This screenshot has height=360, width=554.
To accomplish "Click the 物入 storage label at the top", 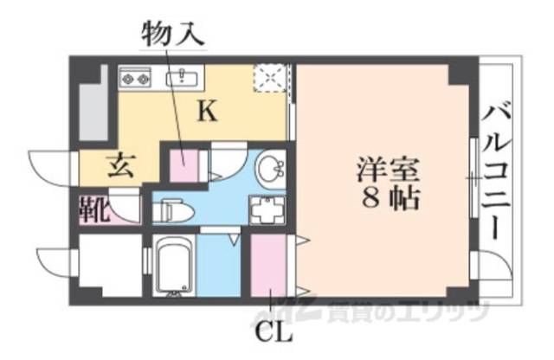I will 172,35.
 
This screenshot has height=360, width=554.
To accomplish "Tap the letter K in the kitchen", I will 209,110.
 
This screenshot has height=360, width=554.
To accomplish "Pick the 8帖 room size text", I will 387,200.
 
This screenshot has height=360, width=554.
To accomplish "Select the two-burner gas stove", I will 136,77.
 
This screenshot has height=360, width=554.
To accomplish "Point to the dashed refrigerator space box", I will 269,79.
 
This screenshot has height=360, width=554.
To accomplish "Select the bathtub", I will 173,265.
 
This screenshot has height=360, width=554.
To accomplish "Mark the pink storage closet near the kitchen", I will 184,165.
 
